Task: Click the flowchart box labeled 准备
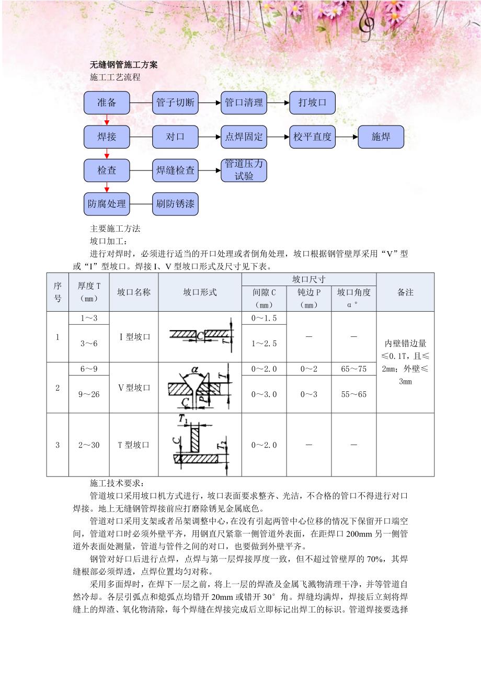coord(107,103)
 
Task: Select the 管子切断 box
coord(175,103)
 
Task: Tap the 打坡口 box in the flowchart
coord(312,103)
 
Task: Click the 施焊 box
coord(381,137)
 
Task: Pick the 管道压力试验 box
coord(244,171)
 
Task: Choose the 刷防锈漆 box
coord(175,204)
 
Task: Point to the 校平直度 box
coord(312,137)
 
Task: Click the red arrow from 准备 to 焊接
coord(107,120)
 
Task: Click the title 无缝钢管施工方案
coord(124,65)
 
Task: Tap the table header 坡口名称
coord(134,292)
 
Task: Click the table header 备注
coord(405,292)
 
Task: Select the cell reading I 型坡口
coord(134,337)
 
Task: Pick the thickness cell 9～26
coord(89,394)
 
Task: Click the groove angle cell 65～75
coord(353,369)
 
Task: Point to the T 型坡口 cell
coord(134,445)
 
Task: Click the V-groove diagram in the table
coord(199,387)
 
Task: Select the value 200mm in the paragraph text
coord(359,535)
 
